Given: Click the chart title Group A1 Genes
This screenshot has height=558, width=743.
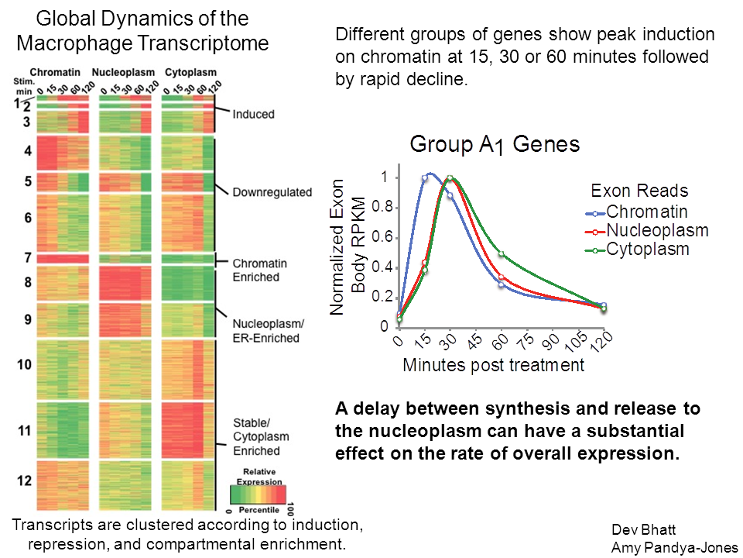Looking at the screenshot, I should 495,145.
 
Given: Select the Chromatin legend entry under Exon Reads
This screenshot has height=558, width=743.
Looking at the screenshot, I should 647,211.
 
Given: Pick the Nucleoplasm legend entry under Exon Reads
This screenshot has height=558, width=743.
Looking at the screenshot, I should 657,230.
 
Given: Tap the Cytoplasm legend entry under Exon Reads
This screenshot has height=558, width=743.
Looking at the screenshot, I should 648,249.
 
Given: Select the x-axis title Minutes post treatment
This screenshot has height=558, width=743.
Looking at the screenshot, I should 493,365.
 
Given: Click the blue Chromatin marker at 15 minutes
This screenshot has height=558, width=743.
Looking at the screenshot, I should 425,178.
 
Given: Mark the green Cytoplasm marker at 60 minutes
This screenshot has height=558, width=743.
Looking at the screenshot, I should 502,254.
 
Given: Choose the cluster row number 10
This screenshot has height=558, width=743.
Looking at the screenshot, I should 24,364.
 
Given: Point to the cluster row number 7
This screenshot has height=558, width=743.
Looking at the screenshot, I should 26,257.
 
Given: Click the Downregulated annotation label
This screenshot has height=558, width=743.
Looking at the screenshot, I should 272,192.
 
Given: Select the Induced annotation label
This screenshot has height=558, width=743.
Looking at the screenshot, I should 253,114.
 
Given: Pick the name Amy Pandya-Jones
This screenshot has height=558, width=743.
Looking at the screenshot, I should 674,546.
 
